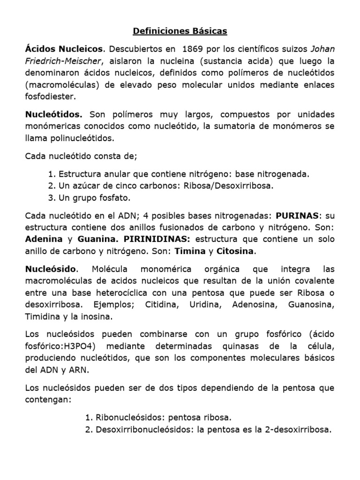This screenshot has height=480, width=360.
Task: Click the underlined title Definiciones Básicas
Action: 180,31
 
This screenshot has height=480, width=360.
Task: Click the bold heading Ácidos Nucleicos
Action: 64,49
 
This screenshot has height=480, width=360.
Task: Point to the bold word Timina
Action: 190,251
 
